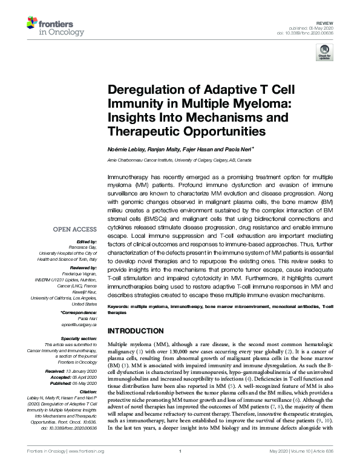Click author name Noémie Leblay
pos(122,148)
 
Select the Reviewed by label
pos(83,266)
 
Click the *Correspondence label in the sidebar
pos(79,313)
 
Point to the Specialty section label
pos(80,338)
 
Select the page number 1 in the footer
pos(180,467)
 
